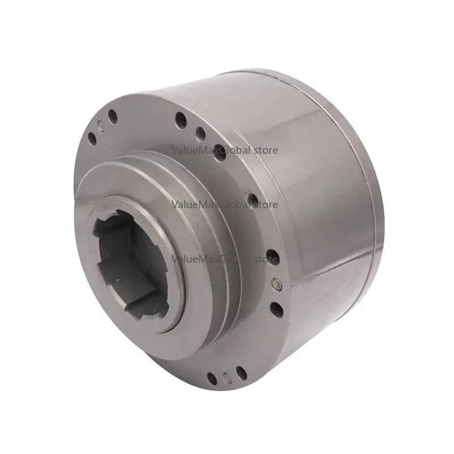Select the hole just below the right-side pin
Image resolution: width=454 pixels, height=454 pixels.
[x=275, y=309]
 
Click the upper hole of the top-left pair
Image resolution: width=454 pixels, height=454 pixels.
[x=112, y=117]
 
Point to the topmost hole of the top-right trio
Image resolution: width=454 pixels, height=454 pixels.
[x=181, y=120]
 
